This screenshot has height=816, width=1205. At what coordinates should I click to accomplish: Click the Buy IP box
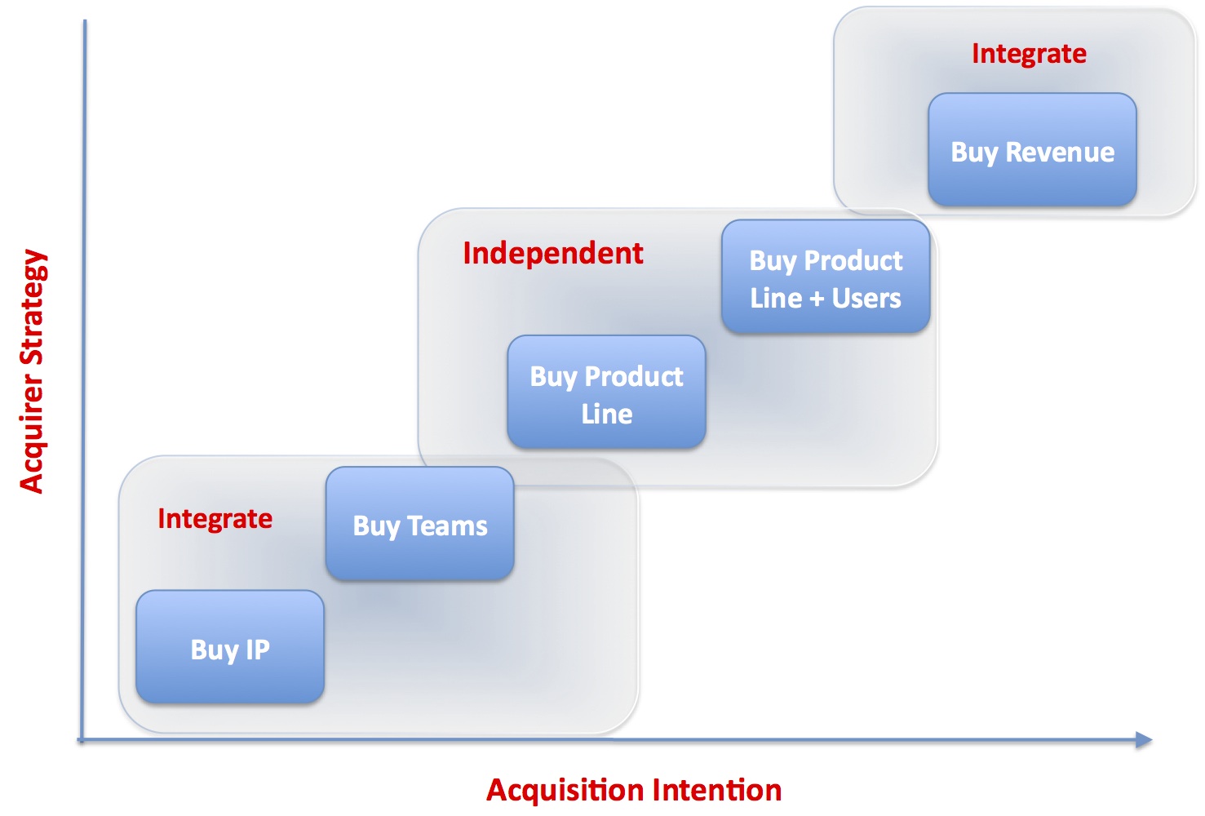(230, 646)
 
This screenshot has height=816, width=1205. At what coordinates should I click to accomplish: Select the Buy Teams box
(419, 523)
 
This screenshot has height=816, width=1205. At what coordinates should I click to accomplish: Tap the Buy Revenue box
(1032, 149)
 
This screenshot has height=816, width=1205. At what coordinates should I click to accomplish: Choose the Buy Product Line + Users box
(826, 276)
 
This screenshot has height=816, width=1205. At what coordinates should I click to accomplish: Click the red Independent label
(553, 253)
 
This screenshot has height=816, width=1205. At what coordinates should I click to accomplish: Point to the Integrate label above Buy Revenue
(1029, 55)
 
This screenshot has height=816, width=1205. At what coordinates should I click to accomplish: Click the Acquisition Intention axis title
(634, 790)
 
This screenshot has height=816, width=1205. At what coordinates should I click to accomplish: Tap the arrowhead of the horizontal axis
(1144, 739)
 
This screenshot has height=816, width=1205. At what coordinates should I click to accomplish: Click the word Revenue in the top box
(1060, 153)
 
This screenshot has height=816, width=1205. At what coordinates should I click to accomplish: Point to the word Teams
(447, 526)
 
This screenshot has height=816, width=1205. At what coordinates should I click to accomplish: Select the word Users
(866, 298)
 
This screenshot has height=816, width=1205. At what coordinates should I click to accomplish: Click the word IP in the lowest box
(257, 650)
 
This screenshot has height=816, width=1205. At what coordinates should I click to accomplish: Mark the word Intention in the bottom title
(717, 790)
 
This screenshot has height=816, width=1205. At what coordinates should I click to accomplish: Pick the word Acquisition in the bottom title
(565, 791)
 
